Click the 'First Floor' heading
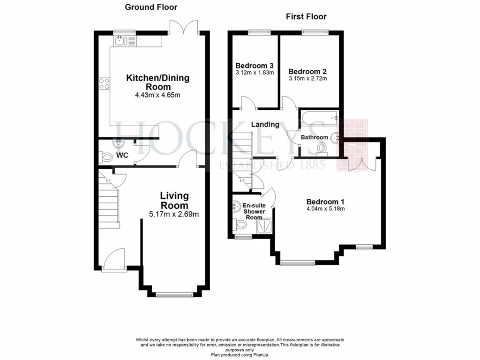click(x=306, y=17)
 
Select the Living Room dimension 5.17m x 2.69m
click(x=174, y=215)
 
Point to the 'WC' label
click(x=122, y=155)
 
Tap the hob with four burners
click(x=104, y=84)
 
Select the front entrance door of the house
click(x=114, y=259)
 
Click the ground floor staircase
click(x=108, y=206)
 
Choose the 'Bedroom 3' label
click(x=255, y=66)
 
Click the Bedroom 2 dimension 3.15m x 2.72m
click(x=307, y=79)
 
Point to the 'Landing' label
click(x=265, y=125)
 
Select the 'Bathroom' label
click(x=314, y=137)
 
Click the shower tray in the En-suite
click(x=265, y=227)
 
